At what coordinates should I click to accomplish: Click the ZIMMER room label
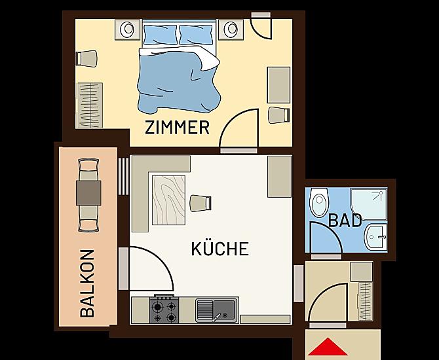click(x=177, y=128)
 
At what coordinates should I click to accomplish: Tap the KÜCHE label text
click(x=220, y=248)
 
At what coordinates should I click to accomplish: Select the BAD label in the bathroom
click(x=345, y=221)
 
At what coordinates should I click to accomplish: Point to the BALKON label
click(x=87, y=283)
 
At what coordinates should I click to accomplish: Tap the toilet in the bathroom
click(x=318, y=202)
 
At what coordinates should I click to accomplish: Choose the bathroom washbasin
click(x=375, y=237)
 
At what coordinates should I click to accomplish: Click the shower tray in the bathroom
click(x=368, y=204)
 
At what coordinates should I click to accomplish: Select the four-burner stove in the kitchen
click(x=164, y=310)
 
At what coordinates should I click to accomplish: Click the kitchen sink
click(x=217, y=310)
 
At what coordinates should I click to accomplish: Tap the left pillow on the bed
click(x=161, y=35)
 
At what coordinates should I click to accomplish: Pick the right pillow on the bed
click(x=196, y=35)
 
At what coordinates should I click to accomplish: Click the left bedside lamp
click(x=127, y=29)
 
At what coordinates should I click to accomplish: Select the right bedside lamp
click(x=231, y=29)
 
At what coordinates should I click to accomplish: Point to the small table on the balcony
click(x=88, y=193)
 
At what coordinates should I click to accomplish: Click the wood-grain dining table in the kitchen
click(x=168, y=200)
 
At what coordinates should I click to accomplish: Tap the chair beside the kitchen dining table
click(x=200, y=204)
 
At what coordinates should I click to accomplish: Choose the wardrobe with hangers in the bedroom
click(x=90, y=105)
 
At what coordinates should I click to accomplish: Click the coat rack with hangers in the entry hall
click(x=366, y=301)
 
